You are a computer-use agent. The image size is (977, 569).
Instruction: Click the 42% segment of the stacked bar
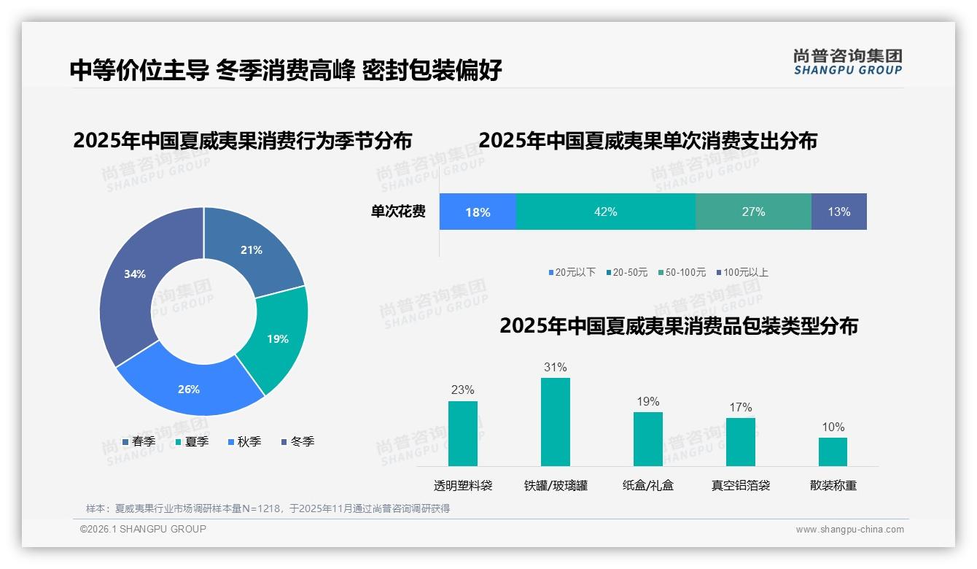(x=605, y=212)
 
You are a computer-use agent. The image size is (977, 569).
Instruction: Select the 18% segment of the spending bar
(x=478, y=212)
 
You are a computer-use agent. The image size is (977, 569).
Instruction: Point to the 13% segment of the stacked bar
(x=838, y=212)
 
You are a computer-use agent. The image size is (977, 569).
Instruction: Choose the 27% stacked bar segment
(x=753, y=212)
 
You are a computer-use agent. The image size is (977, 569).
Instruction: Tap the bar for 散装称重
(x=833, y=452)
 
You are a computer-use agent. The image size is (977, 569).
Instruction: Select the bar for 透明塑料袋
(x=462, y=433)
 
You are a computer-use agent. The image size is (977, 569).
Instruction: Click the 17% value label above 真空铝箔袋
(x=740, y=407)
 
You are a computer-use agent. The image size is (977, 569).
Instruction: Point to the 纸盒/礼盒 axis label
(x=647, y=485)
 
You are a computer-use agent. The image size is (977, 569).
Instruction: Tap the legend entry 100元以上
(x=743, y=272)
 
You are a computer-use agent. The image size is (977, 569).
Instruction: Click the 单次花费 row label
(x=398, y=212)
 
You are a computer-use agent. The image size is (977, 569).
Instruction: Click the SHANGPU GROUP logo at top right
(x=847, y=62)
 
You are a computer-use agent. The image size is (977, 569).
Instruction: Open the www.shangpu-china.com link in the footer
(x=849, y=529)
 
